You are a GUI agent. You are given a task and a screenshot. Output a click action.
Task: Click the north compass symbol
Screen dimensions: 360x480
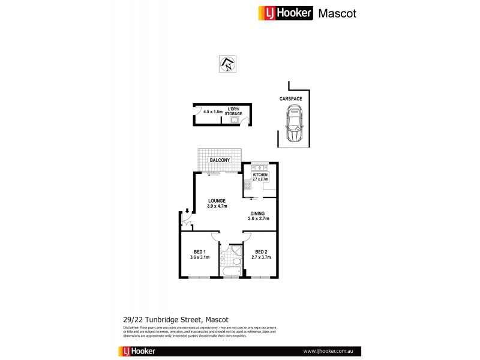click(228, 64)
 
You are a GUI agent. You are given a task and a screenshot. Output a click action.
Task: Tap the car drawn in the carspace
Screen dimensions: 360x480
click(295, 124)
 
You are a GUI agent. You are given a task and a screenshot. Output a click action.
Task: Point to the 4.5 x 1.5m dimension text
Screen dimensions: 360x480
click(212, 112)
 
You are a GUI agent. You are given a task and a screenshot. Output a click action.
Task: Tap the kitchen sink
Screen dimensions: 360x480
click(260, 167)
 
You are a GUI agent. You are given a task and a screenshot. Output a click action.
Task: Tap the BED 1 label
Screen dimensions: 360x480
click(200, 251)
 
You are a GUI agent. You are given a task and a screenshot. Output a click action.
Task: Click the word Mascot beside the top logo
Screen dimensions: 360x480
click(337, 13)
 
